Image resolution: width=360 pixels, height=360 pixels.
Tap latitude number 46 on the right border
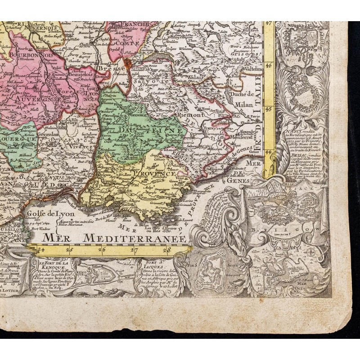[270, 64]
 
